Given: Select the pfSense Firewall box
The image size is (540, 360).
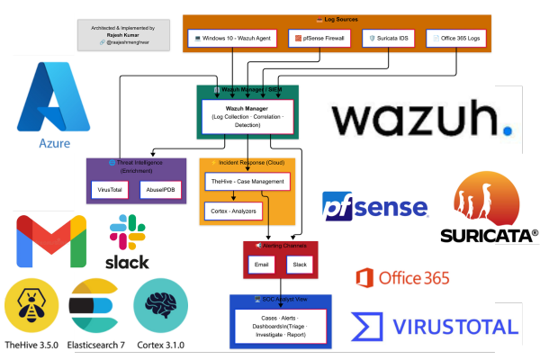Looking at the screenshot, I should point(319,39).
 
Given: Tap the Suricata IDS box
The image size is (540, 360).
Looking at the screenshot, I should point(393,39).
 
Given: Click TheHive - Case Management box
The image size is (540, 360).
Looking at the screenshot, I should point(246,182).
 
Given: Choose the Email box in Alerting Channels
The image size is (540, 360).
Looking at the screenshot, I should point(262,265).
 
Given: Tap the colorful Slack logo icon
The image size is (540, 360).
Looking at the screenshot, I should point(126,233).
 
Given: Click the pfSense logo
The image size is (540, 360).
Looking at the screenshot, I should point(375,208).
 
